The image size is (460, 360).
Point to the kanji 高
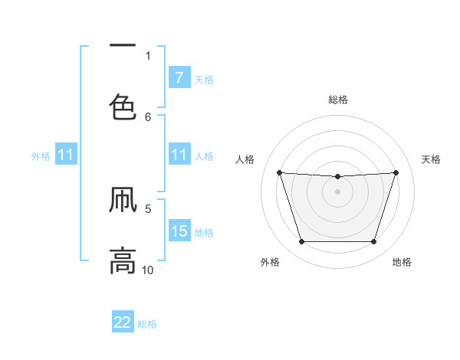pyautogui.click(x=123, y=260)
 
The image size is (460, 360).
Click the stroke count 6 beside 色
pyautogui.click(x=148, y=116)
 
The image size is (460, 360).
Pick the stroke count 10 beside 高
pyautogui.click(x=148, y=270)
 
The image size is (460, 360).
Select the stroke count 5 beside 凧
pyautogui.click(x=148, y=208)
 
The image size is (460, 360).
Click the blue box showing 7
pyautogui.click(x=179, y=78)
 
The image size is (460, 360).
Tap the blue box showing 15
pyautogui.click(x=179, y=231)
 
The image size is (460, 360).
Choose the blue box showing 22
pyautogui.click(x=123, y=322)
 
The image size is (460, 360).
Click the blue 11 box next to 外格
pyautogui.click(x=66, y=155)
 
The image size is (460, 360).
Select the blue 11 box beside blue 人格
pyautogui.click(x=179, y=155)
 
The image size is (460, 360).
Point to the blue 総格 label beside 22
pyautogui.click(x=147, y=324)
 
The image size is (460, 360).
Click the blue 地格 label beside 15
pyautogui.click(x=204, y=232)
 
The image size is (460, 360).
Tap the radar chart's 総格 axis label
pyautogui.click(x=338, y=100)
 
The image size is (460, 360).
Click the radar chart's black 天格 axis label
pyautogui.click(x=432, y=159)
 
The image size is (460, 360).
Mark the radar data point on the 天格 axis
pyautogui.click(x=396, y=172)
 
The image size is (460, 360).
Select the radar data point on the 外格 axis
pyautogui.click(x=301, y=242)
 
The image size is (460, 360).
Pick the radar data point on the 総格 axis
pyautogui.click(x=337, y=177)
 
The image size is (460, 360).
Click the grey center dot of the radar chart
pyautogui.click(x=337, y=191)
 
